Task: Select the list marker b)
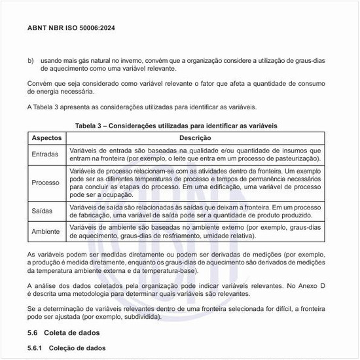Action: click(x=30, y=60)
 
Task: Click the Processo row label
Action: click(x=46, y=183)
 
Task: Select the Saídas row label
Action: click(x=43, y=211)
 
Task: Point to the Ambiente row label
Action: click(x=46, y=232)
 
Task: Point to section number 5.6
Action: click(x=33, y=333)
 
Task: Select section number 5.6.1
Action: click(x=35, y=348)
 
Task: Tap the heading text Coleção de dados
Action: click(x=78, y=348)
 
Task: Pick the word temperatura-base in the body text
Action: click(x=173, y=270)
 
